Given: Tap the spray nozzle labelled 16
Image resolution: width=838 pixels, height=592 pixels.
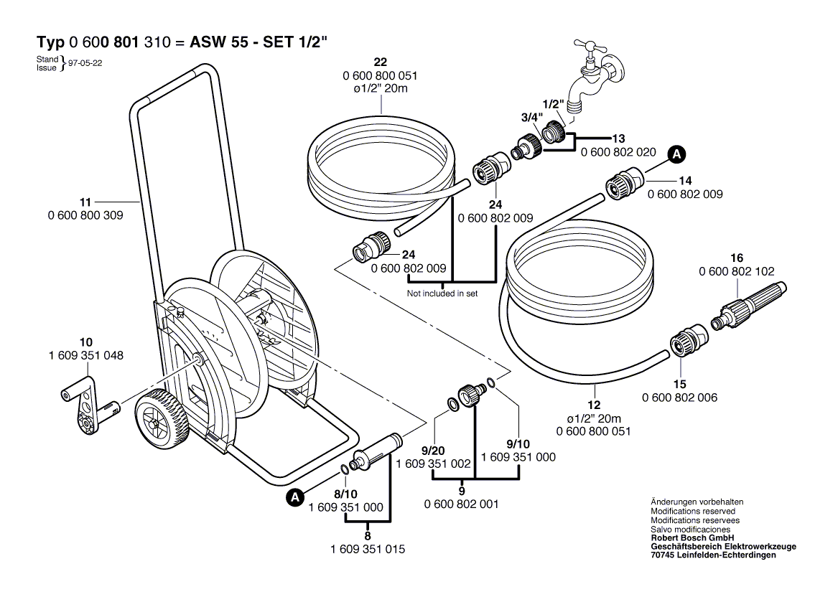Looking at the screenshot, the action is [x=749, y=307].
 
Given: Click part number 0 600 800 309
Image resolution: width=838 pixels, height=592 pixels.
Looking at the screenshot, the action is [x=85, y=215].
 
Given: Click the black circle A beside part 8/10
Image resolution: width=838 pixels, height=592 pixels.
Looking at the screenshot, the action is [x=295, y=497].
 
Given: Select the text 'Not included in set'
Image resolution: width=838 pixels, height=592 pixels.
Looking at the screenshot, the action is [x=442, y=293].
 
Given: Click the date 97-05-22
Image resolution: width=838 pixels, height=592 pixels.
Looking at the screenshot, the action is [x=85, y=63].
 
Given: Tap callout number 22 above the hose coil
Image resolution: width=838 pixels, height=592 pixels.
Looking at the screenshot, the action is [x=380, y=62].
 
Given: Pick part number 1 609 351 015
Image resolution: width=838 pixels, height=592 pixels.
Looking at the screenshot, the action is [x=368, y=549].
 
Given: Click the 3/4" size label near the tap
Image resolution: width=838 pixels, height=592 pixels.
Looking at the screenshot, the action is [x=532, y=117].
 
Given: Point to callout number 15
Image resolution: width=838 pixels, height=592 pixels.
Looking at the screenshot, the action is [x=679, y=384].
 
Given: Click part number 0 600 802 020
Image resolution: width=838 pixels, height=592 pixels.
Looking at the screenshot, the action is [x=618, y=152].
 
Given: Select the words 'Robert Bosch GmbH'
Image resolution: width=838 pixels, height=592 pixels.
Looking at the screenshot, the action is [x=692, y=538].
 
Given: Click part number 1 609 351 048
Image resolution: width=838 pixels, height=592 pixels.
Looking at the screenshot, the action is [x=86, y=355].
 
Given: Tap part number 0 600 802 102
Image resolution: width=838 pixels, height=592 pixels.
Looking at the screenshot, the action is [x=737, y=271].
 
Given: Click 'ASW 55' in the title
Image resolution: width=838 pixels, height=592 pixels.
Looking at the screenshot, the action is [x=219, y=42].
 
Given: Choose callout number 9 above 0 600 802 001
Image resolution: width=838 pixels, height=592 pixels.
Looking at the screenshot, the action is [x=462, y=491].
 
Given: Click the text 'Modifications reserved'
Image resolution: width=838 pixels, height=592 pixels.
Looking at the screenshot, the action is [x=693, y=512].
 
